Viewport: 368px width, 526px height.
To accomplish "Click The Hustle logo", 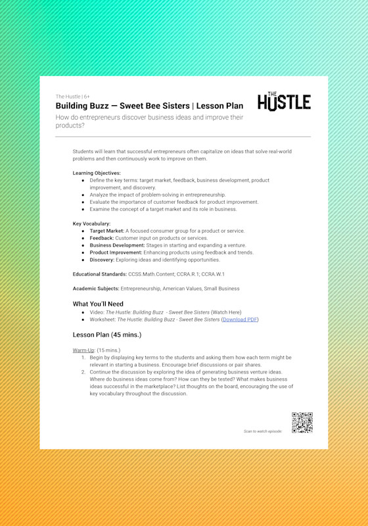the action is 284,102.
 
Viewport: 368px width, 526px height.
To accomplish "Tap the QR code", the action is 302,422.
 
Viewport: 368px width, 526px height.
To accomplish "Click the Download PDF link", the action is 240,320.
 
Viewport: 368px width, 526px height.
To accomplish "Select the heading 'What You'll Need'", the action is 98,304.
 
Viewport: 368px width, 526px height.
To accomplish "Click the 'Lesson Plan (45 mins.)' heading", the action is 106,335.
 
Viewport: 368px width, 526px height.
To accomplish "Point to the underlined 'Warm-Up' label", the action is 84,350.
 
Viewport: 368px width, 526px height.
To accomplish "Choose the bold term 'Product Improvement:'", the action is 116,252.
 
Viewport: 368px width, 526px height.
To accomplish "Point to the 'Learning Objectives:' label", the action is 97,173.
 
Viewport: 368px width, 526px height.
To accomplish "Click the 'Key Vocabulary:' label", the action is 91,224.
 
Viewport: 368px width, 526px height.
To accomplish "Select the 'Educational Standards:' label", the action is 99,274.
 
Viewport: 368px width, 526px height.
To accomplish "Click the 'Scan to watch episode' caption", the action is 262,431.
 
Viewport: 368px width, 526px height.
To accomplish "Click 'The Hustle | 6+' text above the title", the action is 72,97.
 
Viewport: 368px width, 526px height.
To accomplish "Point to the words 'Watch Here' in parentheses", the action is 226,312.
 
